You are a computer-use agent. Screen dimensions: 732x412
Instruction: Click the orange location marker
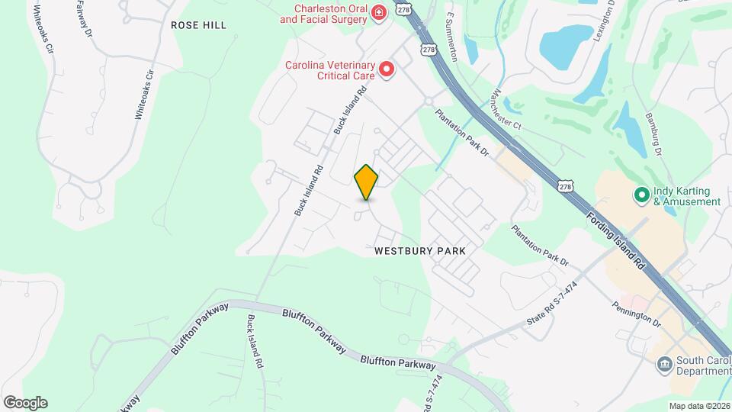(367, 182)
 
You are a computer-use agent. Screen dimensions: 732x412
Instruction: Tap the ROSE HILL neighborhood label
(198, 25)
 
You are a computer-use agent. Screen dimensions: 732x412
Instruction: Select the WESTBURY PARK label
(419, 250)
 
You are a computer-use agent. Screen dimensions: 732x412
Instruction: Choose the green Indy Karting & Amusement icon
(641, 196)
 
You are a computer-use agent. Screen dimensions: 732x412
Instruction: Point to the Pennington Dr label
(635, 309)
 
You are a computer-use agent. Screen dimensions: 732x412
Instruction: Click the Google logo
(25, 402)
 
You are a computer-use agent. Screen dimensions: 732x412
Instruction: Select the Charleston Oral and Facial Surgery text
(324, 13)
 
